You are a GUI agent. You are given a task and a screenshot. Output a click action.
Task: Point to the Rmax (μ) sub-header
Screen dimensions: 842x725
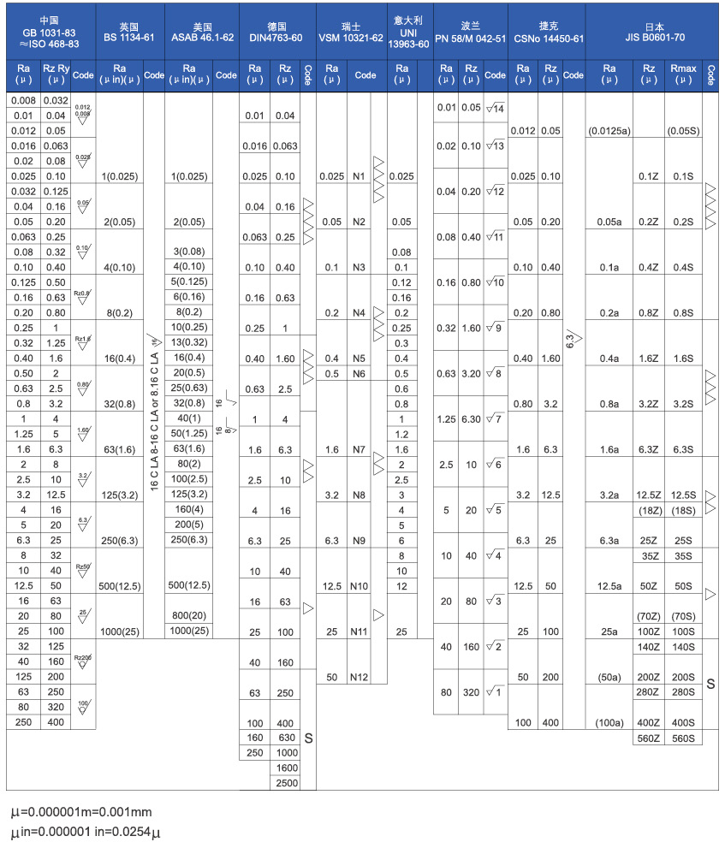(x=682, y=74)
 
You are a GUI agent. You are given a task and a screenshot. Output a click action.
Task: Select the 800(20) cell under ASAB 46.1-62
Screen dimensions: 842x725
(x=188, y=615)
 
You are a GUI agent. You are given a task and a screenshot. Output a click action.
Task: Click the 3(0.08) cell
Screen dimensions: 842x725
(x=188, y=252)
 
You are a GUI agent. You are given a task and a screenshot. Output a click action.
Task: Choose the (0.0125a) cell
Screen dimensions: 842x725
(x=609, y=131)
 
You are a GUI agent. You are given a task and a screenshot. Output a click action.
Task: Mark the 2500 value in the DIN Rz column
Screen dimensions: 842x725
(x=286, y=783)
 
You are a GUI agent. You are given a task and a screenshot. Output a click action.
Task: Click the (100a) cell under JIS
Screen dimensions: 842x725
(x=609, y=723)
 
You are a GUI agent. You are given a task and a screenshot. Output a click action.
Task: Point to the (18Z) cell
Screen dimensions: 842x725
(x=648, y=510)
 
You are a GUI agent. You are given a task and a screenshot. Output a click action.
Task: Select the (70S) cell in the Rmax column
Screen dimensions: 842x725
(x=682, y=615)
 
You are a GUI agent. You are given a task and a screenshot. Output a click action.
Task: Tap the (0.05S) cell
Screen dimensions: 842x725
(x=682, y=131)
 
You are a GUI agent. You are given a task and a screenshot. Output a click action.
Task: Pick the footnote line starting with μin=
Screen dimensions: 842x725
(x=85, y=831)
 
